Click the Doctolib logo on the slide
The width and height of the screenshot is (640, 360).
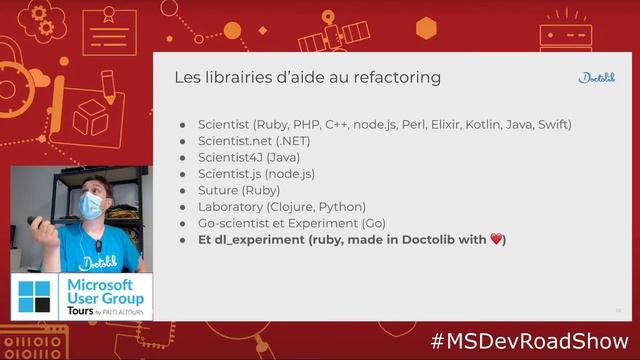597,78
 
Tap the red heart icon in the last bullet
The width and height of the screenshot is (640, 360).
495,240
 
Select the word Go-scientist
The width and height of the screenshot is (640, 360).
236,223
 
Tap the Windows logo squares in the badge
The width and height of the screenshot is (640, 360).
34,297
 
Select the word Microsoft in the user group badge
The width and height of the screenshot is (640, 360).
106,285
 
